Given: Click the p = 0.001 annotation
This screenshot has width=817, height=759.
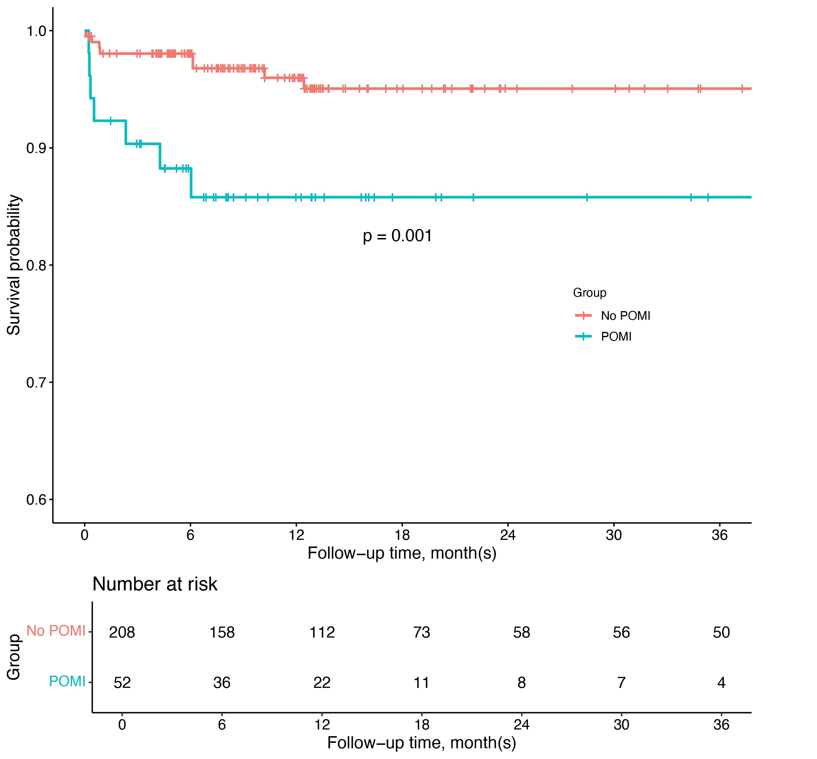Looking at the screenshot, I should point(397,236).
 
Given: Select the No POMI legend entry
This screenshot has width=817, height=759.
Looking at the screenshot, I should point(625,315).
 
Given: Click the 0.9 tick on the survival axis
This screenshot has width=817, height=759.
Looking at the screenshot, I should point(36,148).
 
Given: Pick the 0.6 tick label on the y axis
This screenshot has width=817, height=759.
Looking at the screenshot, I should point(36,500).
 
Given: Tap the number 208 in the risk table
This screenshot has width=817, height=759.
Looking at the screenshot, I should point(122,632).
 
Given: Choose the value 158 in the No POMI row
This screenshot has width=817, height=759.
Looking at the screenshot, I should point(222,632).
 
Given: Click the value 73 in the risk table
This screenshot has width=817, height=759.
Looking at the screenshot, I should point(422,632).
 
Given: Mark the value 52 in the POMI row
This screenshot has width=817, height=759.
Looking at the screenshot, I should point(122,682).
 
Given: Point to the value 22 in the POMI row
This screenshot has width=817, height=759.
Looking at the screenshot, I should point(322,682).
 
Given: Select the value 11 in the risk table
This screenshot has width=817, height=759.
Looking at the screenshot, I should point(422,682).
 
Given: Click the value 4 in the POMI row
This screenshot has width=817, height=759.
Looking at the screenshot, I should point(721,682).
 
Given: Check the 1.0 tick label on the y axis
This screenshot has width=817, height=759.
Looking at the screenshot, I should point(36,31).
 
